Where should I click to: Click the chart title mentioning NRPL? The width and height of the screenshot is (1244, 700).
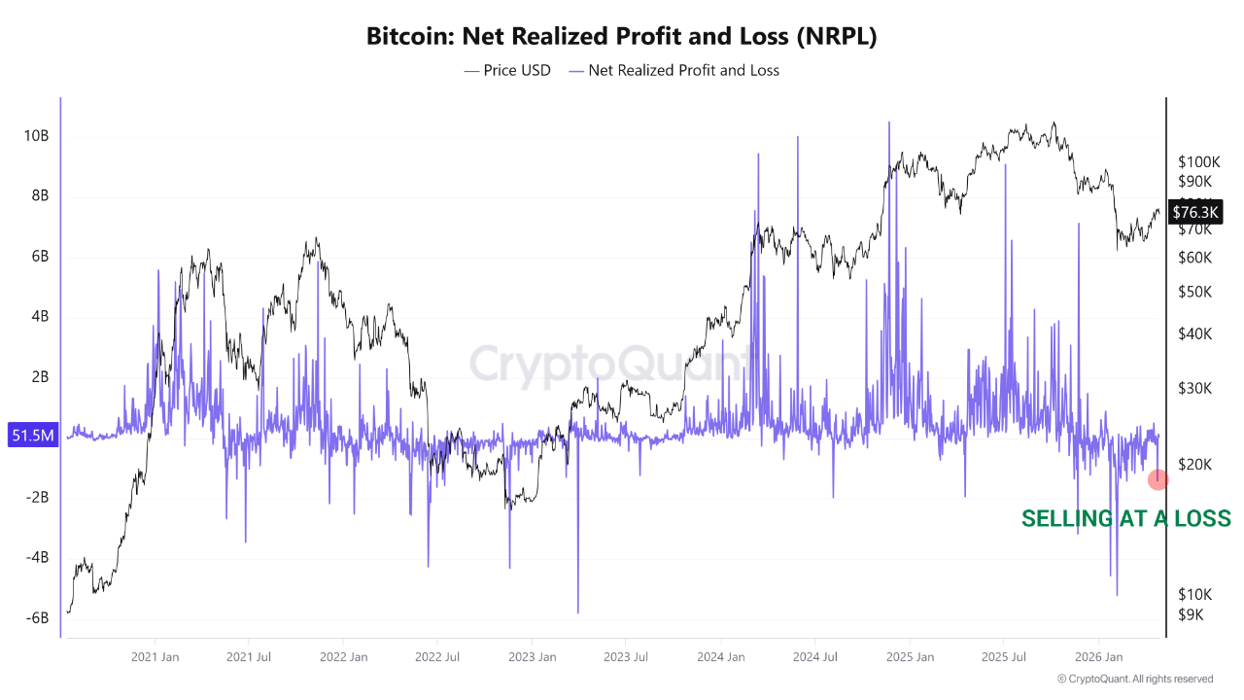point(622,37)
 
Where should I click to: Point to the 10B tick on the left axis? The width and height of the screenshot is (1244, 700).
point(36,136)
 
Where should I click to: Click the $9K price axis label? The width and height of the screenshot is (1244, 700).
point(1192,614)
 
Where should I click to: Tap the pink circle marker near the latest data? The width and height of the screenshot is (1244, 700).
point(1158,479)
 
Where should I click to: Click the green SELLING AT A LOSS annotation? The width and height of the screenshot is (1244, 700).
point(1125,518)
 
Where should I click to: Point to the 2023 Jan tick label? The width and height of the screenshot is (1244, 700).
point(532,657)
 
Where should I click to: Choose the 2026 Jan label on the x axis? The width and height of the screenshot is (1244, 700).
point(1098,657)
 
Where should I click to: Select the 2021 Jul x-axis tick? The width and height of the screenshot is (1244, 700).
point(248,657)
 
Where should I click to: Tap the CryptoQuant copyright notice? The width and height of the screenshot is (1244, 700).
point(1135,679)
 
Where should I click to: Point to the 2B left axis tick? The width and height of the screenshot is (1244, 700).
point(40,377)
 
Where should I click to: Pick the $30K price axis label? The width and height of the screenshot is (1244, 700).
point(1194,388)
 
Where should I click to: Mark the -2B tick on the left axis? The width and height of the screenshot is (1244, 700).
point(37,498)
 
